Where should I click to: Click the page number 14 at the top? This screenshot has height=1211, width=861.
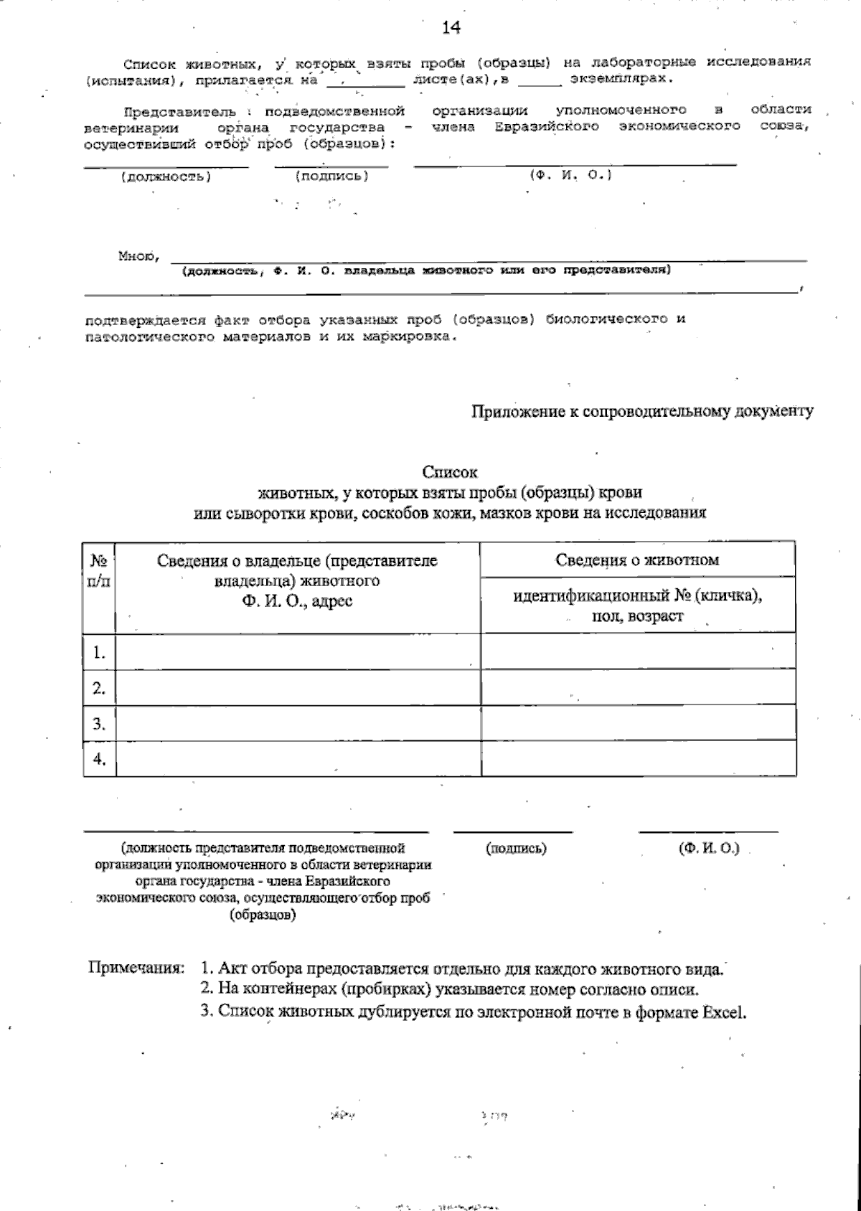450,27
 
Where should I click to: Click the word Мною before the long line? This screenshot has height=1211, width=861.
137,255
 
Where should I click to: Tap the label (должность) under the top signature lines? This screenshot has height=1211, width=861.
165,176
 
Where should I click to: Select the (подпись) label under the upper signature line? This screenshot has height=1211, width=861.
331,176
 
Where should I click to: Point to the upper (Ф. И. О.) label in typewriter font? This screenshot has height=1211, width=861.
570,175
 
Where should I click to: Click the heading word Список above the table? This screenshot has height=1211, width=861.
450,472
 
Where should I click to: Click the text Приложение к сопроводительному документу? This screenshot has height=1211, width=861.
642,411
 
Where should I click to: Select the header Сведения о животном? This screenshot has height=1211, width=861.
637,560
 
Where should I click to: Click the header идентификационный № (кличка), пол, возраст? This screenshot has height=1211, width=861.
637,605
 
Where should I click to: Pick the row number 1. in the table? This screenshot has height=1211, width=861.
99,652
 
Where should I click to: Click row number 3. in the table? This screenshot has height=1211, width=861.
99,723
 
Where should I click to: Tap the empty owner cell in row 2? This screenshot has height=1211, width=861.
298,687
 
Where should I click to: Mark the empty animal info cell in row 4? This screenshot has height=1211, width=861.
637,758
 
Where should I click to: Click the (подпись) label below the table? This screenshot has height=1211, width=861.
516,849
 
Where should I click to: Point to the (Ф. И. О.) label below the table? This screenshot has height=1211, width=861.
708,848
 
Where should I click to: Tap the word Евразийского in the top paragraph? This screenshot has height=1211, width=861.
547,126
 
